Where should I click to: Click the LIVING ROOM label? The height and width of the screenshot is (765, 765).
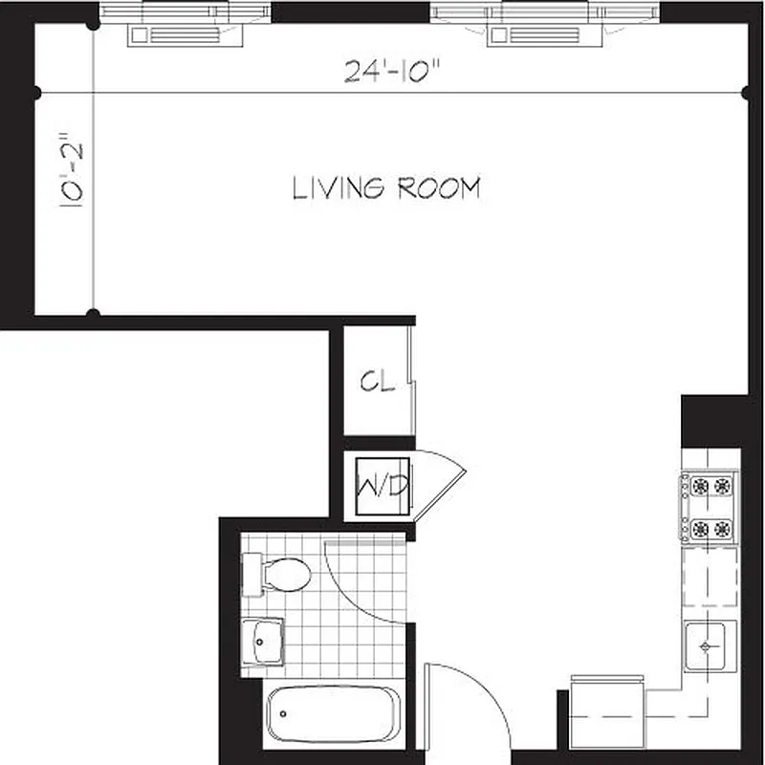pyautogui.click(x=385, y=188)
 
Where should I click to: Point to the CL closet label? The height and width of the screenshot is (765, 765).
pyautogui.click(x=377, y=382)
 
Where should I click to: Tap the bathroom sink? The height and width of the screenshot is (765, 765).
pyautogui.click(x=263, y=641)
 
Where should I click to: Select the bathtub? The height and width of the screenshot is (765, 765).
pyautogui.click(x=331, y=711)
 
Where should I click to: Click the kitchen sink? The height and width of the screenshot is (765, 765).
pyautogui.click(x=709, y=645)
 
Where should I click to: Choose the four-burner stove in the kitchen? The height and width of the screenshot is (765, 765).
pyautogui.click(x=709, y=507)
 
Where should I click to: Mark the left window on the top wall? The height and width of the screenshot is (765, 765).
pyautogui.click(x=186, y=24)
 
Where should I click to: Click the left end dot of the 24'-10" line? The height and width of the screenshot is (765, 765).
pyautogui.click(x=36, y=93)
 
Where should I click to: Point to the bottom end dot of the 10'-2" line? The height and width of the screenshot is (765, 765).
pyautogui.click(x=93, y=313)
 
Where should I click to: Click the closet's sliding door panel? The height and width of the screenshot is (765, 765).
pyautogui.click(x=411, y=382)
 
